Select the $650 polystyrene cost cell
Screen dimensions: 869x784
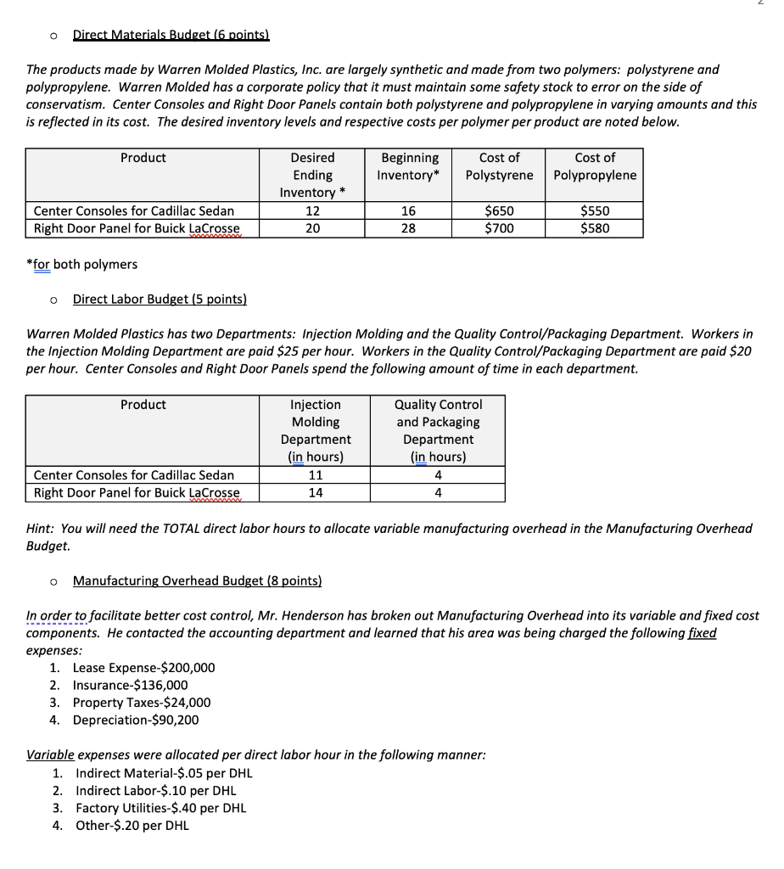(499, 210)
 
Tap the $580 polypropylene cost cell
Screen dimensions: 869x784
(594, 227)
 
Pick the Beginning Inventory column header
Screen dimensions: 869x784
(410, 166)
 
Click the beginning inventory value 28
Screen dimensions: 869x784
(408, 227)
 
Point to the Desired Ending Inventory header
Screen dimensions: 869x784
(312, 175)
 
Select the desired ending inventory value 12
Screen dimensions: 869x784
(312, 210)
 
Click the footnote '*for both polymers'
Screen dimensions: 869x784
(82, 264)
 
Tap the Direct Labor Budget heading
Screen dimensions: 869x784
(160, 300)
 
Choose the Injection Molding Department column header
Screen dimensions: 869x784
(316, 430)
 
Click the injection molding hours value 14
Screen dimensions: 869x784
(316, 492)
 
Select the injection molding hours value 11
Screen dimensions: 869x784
(316, 475)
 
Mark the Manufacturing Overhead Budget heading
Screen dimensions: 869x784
(197, 580)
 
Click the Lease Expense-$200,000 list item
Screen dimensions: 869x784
(143, 668)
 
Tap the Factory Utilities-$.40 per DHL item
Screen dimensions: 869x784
(160, 808)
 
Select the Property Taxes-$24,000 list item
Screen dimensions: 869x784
(142, 703)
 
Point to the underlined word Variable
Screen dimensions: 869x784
(49, 754)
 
